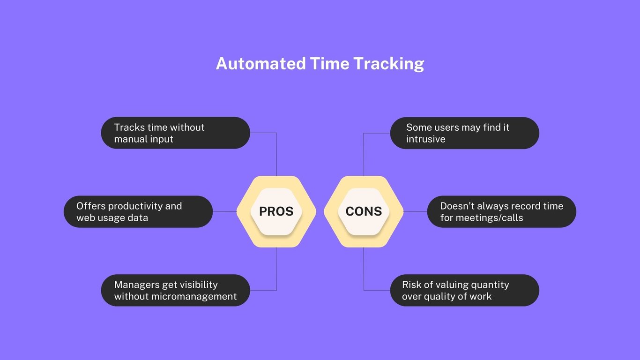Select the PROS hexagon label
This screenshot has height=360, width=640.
tap(276, 211)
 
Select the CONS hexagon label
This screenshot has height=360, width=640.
tap(364, 211)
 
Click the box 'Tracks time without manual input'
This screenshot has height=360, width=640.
tap(175, 133)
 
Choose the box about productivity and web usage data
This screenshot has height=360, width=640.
tap(138, 212)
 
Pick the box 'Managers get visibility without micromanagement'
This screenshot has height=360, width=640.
tap(175, 291)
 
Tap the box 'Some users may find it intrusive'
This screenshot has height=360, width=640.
tap(464, 133)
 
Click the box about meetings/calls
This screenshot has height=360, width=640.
tap(501, 212)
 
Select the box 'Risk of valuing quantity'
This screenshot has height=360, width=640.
tap(464, 291)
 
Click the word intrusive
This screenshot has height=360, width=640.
tap(425, 139)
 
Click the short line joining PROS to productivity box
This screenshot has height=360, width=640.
tap(225, 211)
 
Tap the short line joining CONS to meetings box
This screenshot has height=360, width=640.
tap(415, 211)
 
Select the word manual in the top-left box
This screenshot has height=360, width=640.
tap(130, 139)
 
